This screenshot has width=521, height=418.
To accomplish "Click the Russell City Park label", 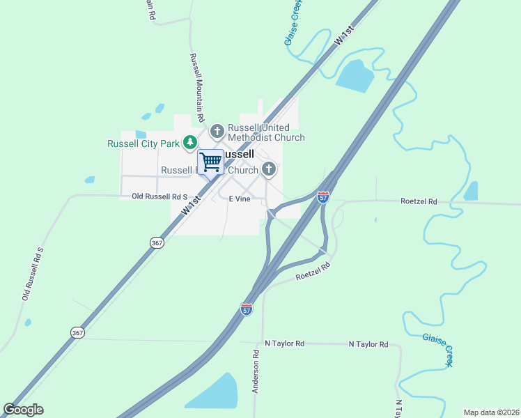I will (x=143, y=144).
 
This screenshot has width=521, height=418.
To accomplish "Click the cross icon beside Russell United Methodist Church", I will (x=217, y=130).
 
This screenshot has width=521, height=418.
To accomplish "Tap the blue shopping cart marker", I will (x=210, y=162).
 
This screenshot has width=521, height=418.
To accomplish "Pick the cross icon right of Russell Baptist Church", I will (x=269, y=169).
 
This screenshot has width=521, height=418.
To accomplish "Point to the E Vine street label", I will (x=240, y=199).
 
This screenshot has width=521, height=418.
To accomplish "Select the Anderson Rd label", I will (x=256, y=371).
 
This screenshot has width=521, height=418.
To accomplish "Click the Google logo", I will (x=23, y=410).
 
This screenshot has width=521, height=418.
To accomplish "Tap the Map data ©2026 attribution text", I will (x=491, y=412).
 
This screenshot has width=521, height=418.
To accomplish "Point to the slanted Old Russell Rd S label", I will (x=32, y=274).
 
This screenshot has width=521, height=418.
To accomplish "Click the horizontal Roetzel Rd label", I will (x=419, y=201).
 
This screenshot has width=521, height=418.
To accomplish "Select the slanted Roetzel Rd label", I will (x=312, y=272).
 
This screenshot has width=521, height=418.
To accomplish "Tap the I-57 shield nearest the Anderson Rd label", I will (x=247, y=309).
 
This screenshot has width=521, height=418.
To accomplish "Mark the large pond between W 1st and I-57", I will (x=356, y=76).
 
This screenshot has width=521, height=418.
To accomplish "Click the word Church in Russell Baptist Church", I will (x=243, y=170).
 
